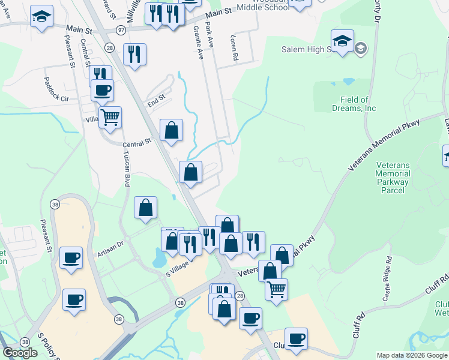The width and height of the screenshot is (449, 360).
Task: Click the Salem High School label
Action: (306, 49)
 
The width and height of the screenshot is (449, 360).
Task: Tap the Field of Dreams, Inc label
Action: (354, 104)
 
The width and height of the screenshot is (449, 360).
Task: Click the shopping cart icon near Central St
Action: (110, 116)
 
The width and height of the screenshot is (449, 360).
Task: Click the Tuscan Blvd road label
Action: (126, 169)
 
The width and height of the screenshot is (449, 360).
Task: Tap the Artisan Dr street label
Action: (110, 248)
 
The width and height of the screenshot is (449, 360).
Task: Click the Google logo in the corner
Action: (20, 353)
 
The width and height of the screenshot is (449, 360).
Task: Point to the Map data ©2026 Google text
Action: (411, 355)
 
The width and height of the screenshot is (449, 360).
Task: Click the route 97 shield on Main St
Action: (121, 29)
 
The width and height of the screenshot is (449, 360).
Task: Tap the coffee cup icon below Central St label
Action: (101, 90)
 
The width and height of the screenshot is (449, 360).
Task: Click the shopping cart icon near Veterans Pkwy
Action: (276, 289)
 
